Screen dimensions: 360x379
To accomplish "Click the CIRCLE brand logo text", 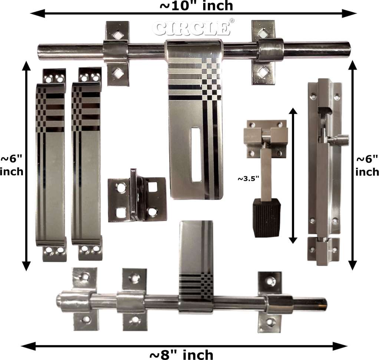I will pyautogui.click(x=191, y=29).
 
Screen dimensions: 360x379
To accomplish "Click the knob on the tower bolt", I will pyautogui.click(x=341, y=140).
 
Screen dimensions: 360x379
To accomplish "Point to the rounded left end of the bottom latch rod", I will pyautogui.click(x=60, y=300).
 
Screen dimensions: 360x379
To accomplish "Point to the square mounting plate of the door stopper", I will pyautogui.click(x=265, y=137).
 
